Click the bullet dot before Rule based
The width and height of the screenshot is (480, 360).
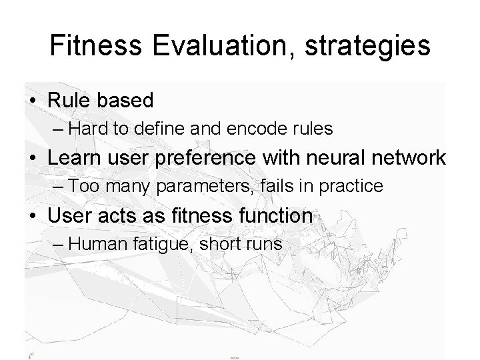point(33,101)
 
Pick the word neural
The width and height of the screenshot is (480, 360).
point(347,158)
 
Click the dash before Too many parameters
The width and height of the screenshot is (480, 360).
point(57,187)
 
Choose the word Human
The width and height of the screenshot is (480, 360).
point(97,244)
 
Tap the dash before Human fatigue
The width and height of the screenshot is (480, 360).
point(57,244)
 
